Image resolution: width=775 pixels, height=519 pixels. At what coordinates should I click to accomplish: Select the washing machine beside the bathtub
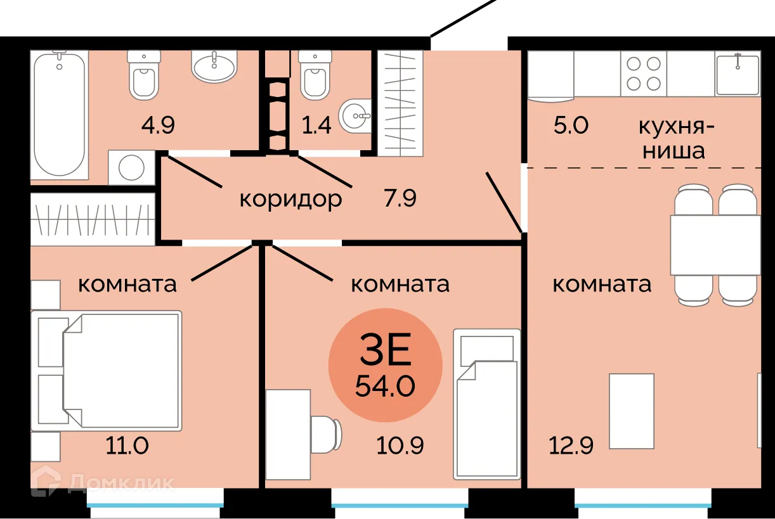pyautogui.click(x=132, y=167)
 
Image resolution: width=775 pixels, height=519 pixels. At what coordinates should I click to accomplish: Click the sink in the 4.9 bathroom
pyautogui.click(x=214, y=67)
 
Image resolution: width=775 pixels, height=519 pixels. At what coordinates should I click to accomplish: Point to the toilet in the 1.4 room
pyautogui.click(x=313, y=75)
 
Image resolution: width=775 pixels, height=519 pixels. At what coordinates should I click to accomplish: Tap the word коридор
pyautogui.click(x=290, y=199)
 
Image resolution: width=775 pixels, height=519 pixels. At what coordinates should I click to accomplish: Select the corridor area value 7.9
pyautogui.click(x=400, y=199)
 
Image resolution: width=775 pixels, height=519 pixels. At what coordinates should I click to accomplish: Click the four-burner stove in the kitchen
pyautogui.click(x=644, y=74)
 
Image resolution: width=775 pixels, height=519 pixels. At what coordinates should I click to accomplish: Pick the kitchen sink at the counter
pyautogui.click(x=738, y=74)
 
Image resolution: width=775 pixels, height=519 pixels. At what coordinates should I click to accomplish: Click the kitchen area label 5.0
pyautogui.click(x=571, y=125)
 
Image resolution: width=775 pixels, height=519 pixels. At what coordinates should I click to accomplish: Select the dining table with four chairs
pyautogui.click(x=715, y=244)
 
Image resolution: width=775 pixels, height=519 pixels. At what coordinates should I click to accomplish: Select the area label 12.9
pyautogui.click(x=571, y=446)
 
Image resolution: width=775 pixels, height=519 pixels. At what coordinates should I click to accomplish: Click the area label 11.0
pyautogui.click(x=127, y=446)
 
